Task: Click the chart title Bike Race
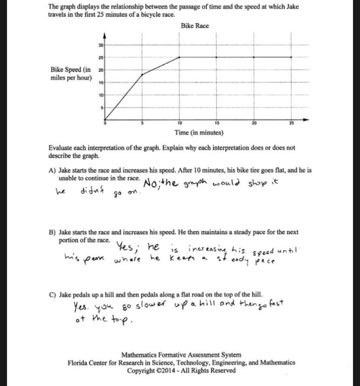195,26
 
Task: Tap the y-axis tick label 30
101,45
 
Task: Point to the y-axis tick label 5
101,108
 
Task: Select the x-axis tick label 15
216,123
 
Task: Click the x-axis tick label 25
292,123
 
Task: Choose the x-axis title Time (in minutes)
199,133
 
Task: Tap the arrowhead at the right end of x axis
306,120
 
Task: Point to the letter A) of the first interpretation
52,171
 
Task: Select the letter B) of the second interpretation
52,232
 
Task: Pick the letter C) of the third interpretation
52,295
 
